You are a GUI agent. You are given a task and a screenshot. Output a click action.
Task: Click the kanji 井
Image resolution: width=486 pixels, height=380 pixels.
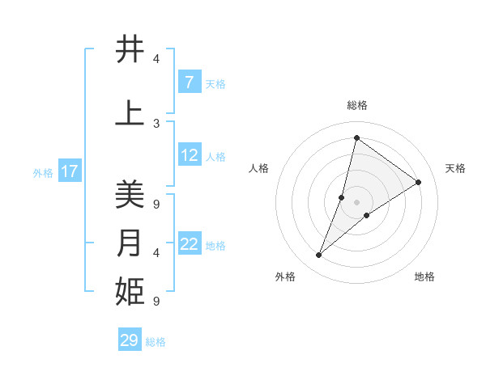pos(130,50)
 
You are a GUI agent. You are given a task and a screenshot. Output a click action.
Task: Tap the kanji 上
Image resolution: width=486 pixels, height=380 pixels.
pos(130,114)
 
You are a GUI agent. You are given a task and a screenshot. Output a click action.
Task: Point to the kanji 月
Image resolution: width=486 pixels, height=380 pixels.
pos(130,243)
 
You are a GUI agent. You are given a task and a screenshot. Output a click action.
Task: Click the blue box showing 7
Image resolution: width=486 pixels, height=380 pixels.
pos(189,82)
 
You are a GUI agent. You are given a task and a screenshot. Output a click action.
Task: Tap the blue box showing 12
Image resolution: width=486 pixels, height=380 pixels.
pos(189,156)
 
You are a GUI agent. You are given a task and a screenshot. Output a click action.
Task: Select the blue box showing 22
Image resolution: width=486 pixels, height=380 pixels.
pos(189,245)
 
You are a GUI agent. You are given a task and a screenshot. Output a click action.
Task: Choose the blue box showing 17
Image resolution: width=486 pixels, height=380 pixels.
pos(70,171)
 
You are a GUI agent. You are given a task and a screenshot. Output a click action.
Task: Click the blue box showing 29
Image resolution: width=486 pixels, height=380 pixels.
pos(130,340)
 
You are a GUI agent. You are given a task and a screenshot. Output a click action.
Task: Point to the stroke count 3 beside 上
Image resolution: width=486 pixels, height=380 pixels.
pos(156,123)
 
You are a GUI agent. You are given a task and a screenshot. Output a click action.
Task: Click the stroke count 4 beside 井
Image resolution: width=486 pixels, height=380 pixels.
pos(156,59)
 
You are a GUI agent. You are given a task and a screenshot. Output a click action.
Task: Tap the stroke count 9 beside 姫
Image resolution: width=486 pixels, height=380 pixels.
pos(156,302)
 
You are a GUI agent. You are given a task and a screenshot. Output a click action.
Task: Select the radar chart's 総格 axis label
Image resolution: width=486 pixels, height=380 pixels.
pos(356,106)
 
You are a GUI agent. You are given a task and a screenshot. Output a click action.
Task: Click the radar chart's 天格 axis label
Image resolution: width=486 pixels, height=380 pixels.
pos(455,168)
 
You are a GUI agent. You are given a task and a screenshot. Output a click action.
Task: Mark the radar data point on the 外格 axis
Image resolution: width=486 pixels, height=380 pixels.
pos(318,255)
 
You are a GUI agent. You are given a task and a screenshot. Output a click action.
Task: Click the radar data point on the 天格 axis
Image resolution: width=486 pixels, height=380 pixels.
pos(418,182)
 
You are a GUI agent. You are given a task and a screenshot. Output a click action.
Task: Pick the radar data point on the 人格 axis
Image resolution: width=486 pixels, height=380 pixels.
pos(342,197)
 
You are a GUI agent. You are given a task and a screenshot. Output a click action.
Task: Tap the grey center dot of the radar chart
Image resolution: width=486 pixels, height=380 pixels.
pos(356,202)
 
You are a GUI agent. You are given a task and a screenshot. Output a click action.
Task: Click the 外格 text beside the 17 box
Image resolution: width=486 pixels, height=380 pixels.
pos(43,172)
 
